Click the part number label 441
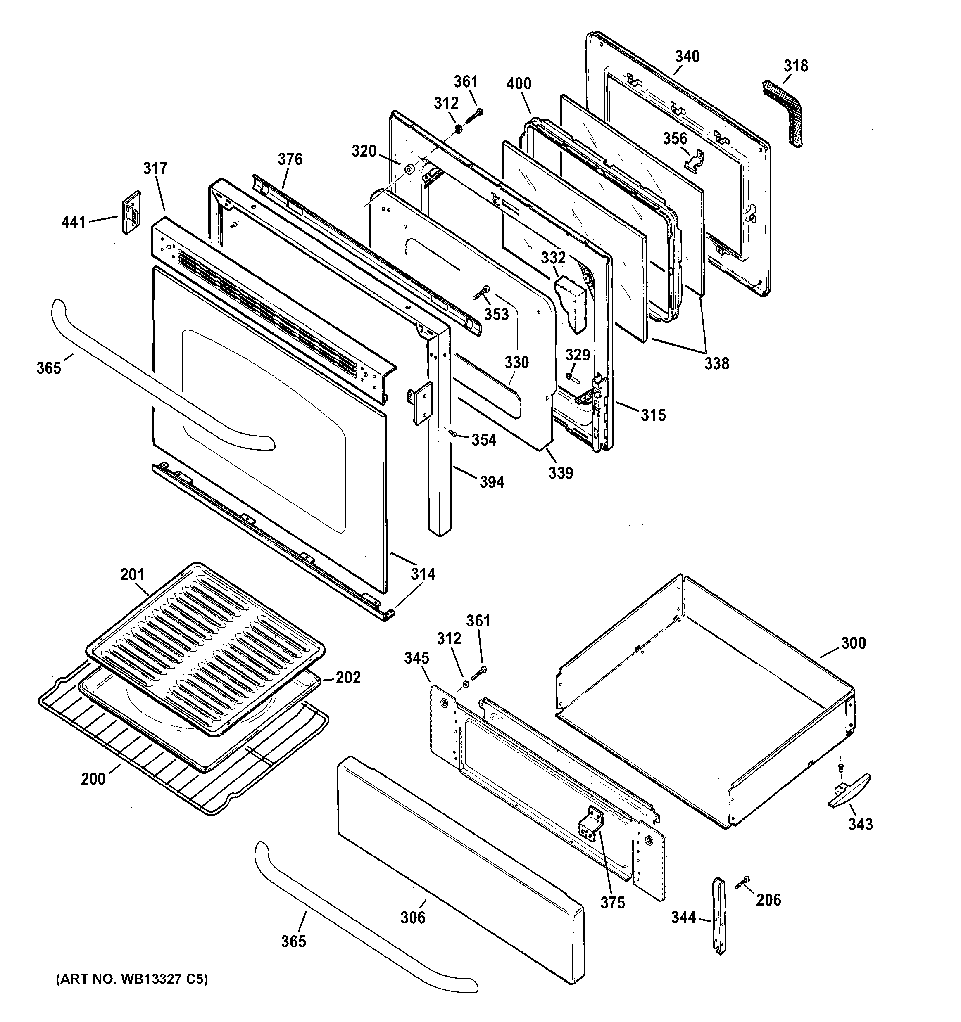tap(74, 222)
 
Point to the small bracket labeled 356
tap(694, 159)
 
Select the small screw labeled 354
tap(453, 434)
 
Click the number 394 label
tap(491, 482)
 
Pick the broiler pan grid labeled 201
tap(206, 648)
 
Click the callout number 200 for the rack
tap(93, 779)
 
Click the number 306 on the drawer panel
tap(413, 918)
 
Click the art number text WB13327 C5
tap(132, 980)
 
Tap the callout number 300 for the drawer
tap(853, 643)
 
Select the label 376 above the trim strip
tap(290, 159)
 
